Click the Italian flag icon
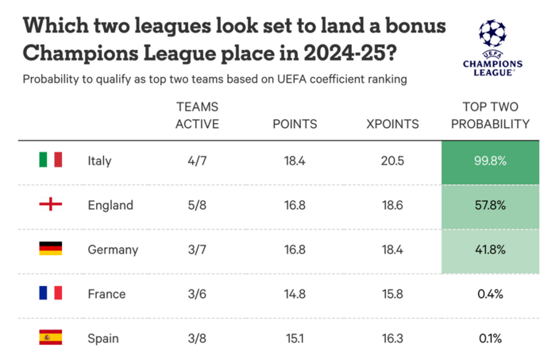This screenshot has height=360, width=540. tap(51, 161)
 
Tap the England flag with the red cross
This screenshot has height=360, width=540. tap(51, 205)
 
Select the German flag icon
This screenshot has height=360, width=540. tap(51, 250)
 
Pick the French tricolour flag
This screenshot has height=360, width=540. tap(51, 294)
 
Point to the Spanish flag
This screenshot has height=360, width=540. tap(51, 338)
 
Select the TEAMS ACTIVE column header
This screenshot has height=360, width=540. tap(198, 115)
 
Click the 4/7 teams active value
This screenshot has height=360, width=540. tap(198, 161)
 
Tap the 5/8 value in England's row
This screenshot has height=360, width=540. tap(198, 205)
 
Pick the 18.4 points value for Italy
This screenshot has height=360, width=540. tap(295, 161)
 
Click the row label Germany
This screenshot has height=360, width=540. tap(113, 250)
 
